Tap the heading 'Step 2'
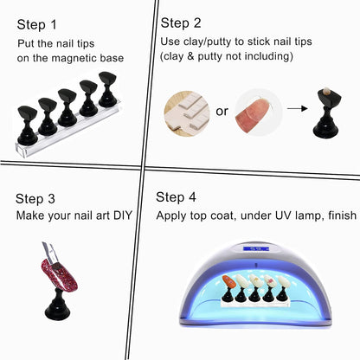[x=183, y=22]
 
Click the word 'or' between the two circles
[x=221, y=111]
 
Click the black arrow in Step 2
[x=300, y=111]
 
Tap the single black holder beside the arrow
[x=333, y=118]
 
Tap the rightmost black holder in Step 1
[x=107, y=88]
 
